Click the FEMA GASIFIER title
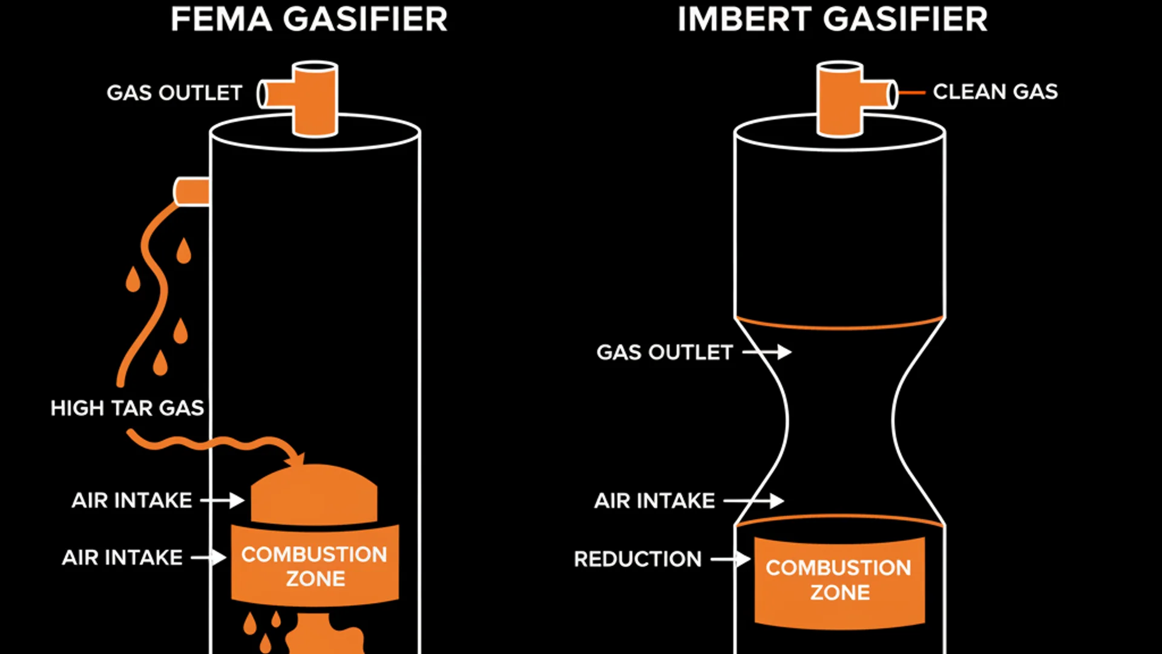[x=309, y=19]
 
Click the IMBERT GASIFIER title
[x=832, y=19]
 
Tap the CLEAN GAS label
[x=995, y=92]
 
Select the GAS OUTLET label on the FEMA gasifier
[x=174, y=93]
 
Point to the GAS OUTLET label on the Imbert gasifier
[x=665, y=352]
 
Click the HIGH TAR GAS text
[x=127, y=408]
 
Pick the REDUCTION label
[x=637, y=559]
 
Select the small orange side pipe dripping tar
[x=192, y=191]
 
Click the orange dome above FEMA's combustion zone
[x=313, y=494]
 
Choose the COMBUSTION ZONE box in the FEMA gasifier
[x=315, y=566]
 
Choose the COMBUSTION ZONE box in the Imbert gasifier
[x=839, y=580]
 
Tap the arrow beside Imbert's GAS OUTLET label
[x=767, y=352]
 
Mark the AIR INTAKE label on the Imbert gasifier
[x=654, y=501]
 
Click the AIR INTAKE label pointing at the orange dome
[x=132, y=500]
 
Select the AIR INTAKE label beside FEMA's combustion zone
[x=122, y=557]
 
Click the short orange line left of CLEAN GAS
[x=911, y=93]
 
